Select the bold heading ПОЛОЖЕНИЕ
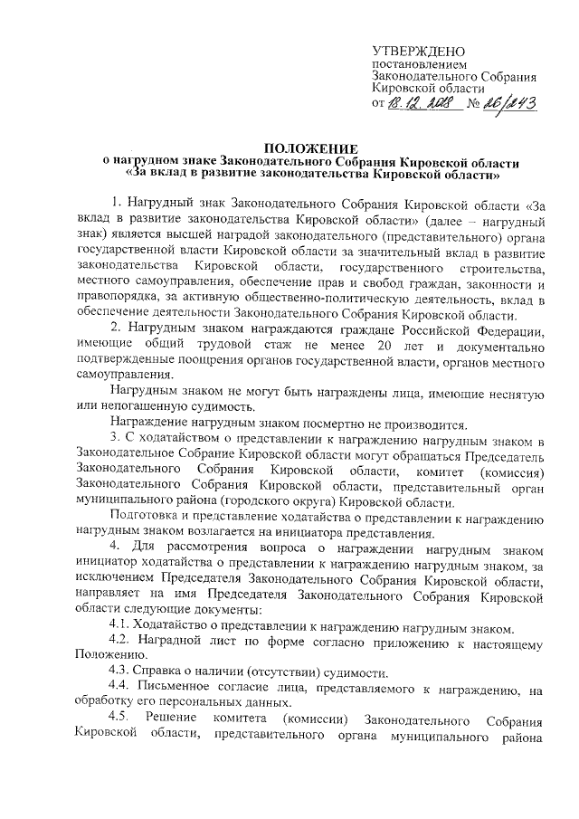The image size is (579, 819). [x=310, y=148]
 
